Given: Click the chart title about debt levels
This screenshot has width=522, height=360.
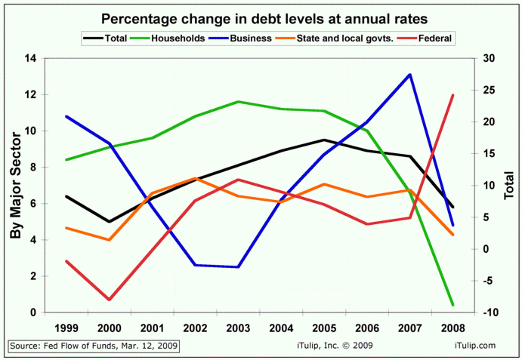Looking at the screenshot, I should (x=261, y=17).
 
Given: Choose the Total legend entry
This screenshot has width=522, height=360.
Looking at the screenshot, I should (x=105, y=38).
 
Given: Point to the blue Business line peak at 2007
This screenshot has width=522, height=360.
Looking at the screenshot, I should (x=409, y=75).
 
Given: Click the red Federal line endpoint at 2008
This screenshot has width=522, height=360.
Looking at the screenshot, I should (x=453, y=95).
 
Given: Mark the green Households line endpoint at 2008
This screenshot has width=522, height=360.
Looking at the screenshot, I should (x=453, y=305).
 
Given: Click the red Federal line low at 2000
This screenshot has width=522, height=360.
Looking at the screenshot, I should (x=110, y=300).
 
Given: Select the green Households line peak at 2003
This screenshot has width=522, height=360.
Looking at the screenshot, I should (x=239, y=102).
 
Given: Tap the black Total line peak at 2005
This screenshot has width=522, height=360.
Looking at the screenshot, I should (x=324, y=140).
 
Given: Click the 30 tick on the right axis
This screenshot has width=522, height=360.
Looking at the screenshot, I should (x=489, y=59).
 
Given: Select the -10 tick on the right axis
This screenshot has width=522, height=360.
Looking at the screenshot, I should (x=489, y=312).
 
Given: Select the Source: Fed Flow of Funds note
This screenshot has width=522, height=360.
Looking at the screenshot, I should (x=94, y=346).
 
